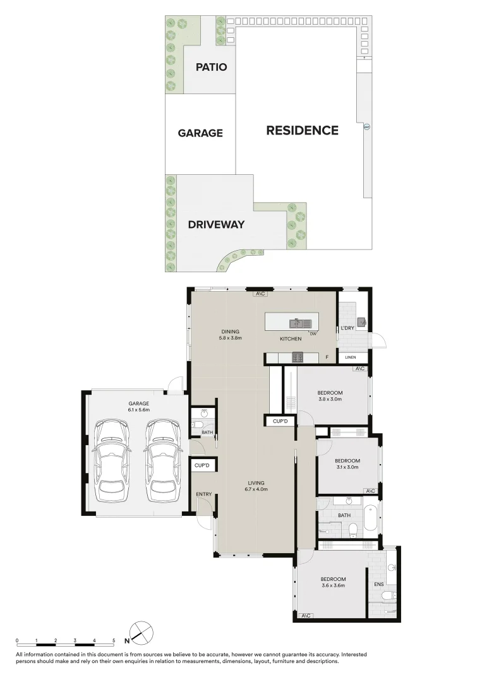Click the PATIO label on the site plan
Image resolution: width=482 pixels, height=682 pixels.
(x=211, y=67)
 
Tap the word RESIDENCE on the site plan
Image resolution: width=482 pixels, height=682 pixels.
(x=302, y=131)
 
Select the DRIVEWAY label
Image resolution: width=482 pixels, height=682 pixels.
(x=216, y=224)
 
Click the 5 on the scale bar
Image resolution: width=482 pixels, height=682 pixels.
(x=114, y=640)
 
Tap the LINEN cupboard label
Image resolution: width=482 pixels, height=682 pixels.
(x=351, y=358)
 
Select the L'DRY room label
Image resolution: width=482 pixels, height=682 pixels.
(x=347, y=328)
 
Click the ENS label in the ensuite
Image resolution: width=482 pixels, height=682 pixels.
(x=379, y=585)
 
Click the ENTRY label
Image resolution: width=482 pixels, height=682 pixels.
(x=204, y=494)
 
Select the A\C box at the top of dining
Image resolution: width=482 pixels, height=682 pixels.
(x=260, y=294)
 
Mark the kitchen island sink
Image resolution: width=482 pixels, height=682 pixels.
(x=297, y=323)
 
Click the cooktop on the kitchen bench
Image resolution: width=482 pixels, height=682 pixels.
(x=297, y=357)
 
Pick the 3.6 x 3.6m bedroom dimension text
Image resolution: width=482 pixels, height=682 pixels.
(x=332, y=586)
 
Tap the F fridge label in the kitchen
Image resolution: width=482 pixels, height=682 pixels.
(x=327, y=358)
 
